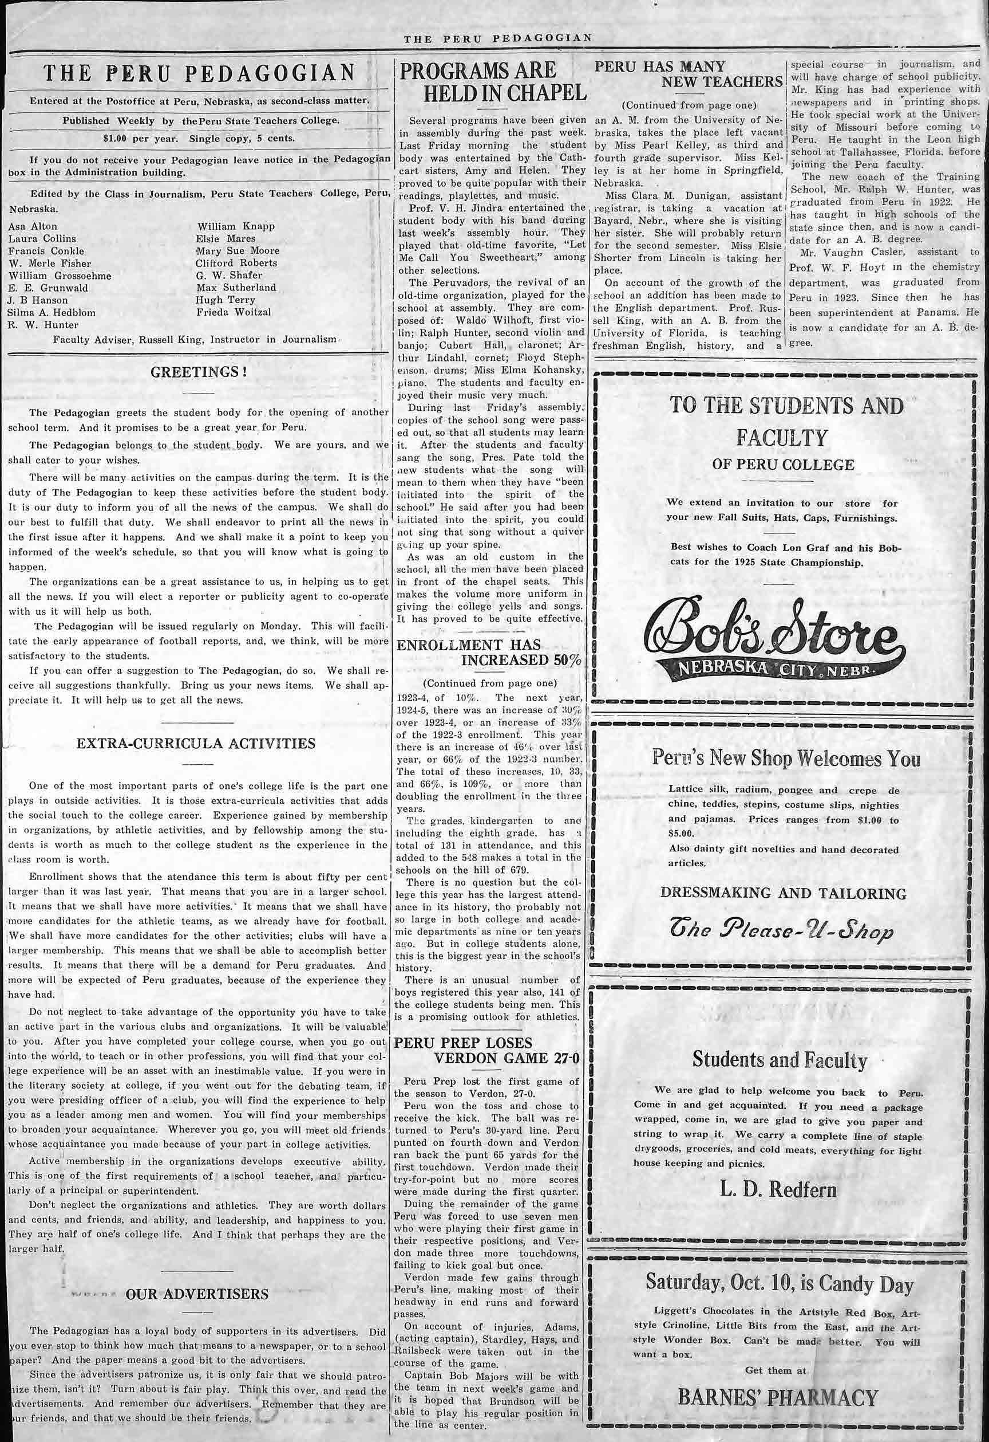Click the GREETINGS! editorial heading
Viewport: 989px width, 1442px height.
click(x=199, y=372)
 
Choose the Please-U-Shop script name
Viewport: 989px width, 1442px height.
click(x=781, y=933)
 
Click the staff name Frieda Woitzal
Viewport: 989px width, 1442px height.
click(x=233, y=312)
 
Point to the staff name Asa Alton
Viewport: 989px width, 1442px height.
click(x=32, y=226)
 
